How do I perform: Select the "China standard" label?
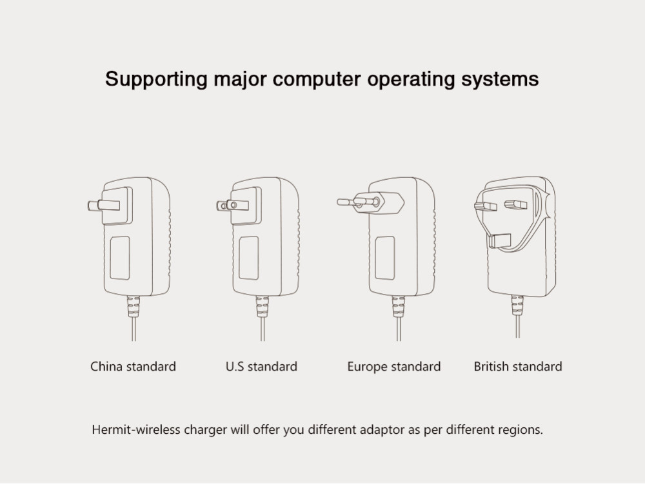[x=133, y=367]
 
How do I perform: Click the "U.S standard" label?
[x=261, y=367]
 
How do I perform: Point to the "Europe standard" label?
[x=393, y=367]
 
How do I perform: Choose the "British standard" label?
[x=518, y=367]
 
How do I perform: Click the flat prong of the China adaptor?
[x=103, y=206]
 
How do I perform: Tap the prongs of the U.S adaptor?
[x=232, y=206]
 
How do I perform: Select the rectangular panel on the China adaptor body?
[x=119, y=258]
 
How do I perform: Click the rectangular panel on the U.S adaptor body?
[x=248, y=258]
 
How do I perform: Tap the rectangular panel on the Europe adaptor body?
[x=385, y=258]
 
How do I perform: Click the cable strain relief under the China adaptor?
[x=134, y=306]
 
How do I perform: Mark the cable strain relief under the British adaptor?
[x=517, y=306]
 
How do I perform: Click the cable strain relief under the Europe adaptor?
[x=399, y=306]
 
